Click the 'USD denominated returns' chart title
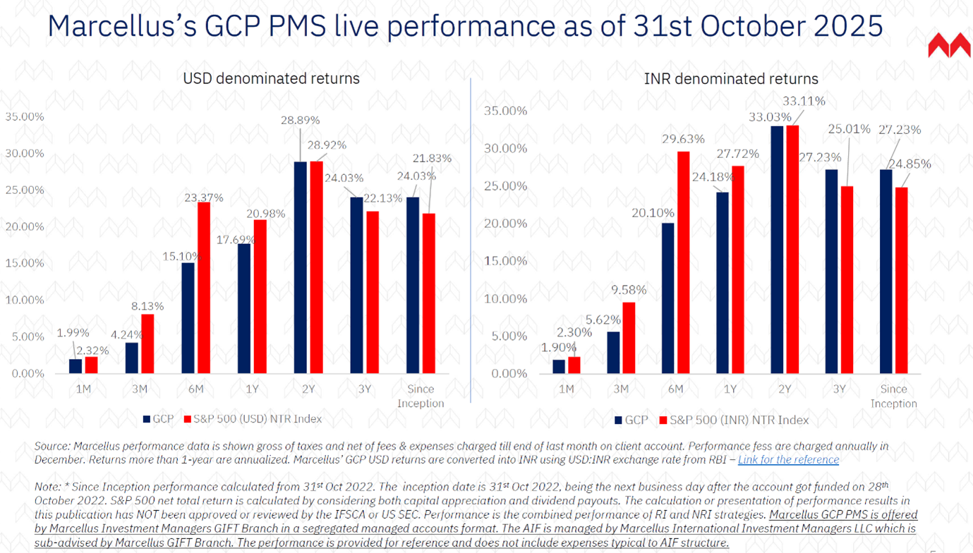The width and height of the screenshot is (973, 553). [271, 78]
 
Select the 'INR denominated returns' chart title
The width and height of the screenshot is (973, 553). [731, 79]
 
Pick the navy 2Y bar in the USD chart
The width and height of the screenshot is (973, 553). [301, 267]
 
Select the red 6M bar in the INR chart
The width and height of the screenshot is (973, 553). [682, 262]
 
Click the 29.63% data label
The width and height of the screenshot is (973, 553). [684, 139]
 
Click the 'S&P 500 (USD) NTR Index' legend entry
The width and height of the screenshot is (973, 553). [252, 419]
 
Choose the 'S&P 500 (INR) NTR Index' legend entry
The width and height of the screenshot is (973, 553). [733, 420]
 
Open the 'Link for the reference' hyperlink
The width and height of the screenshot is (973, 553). [788, 460]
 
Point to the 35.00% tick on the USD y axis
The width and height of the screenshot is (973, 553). [25, 116]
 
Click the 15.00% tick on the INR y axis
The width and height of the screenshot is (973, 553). [506, 261]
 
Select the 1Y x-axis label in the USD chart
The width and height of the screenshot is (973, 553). [253, 389]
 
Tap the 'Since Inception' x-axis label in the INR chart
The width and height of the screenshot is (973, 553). [893, 396]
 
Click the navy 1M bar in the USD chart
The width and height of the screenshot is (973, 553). [75, 366]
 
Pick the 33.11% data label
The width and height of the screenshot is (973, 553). [803, 101]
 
